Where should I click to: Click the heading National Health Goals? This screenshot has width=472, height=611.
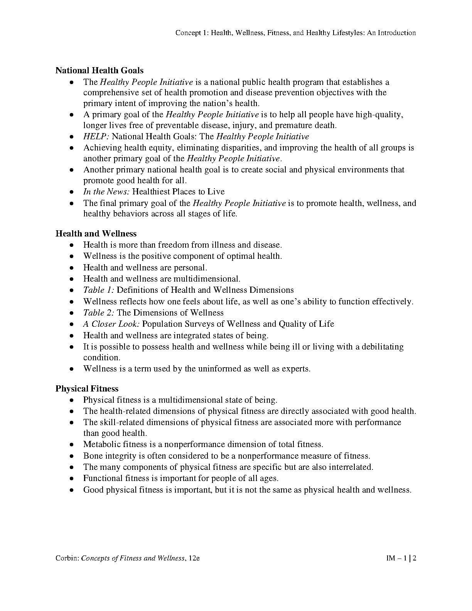pos(99,71)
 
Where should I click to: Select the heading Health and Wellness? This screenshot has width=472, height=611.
pos(96,233)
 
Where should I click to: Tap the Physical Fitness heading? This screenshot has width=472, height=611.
pos(87,388)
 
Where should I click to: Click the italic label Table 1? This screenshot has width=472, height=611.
pos(99,290)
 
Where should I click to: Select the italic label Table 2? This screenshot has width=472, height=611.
pos(99,313)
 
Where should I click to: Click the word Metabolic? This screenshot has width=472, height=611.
pos(100,444)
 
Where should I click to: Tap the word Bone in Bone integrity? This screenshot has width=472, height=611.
pos(91,456)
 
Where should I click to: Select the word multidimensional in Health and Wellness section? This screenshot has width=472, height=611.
pos(207,279)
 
